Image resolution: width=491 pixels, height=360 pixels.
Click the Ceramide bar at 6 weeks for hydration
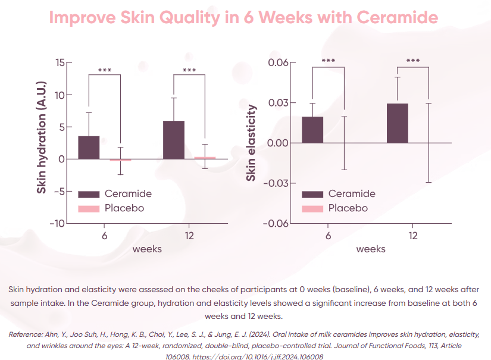click(x=89, y=148)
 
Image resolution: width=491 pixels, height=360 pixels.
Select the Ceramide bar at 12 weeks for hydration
click(x=173, y=140)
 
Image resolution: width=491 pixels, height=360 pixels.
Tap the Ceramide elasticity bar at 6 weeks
click(x=312, y=130)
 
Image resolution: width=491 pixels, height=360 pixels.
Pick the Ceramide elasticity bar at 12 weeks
click(x=397, y=123)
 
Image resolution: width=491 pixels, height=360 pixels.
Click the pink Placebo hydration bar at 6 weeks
click(x=120, y=160)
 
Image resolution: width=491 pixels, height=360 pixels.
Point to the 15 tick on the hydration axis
click(x=60, y=63)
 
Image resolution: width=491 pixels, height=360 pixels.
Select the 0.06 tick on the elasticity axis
click(x=278, y=63)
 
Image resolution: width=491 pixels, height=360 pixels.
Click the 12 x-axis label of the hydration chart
click(x=189, y=236)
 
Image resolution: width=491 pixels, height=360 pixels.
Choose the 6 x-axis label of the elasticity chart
click(x=328, y=236)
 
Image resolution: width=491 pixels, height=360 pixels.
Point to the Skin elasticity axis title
click(x=252, y=143)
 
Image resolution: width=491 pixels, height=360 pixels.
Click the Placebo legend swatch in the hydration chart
click(x=89, y=209)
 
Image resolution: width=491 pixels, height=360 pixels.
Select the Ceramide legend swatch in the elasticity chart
click(x=312, y=194)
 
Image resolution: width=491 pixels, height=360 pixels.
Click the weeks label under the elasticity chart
click(x=371, y=249)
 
